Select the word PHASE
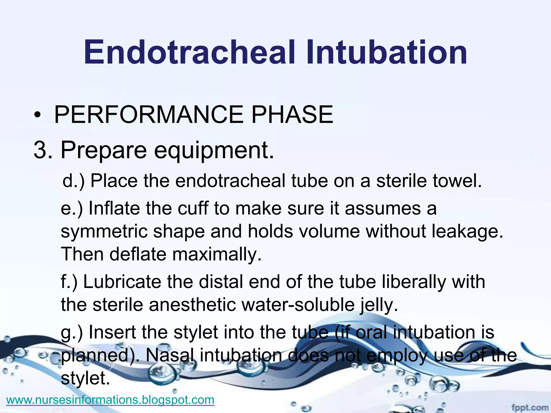tap(292, 115)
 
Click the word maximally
tap(217, 254)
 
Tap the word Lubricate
tap(122, 282)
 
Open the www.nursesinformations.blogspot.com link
tap(110, 400)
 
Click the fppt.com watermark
tap(530, 408)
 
